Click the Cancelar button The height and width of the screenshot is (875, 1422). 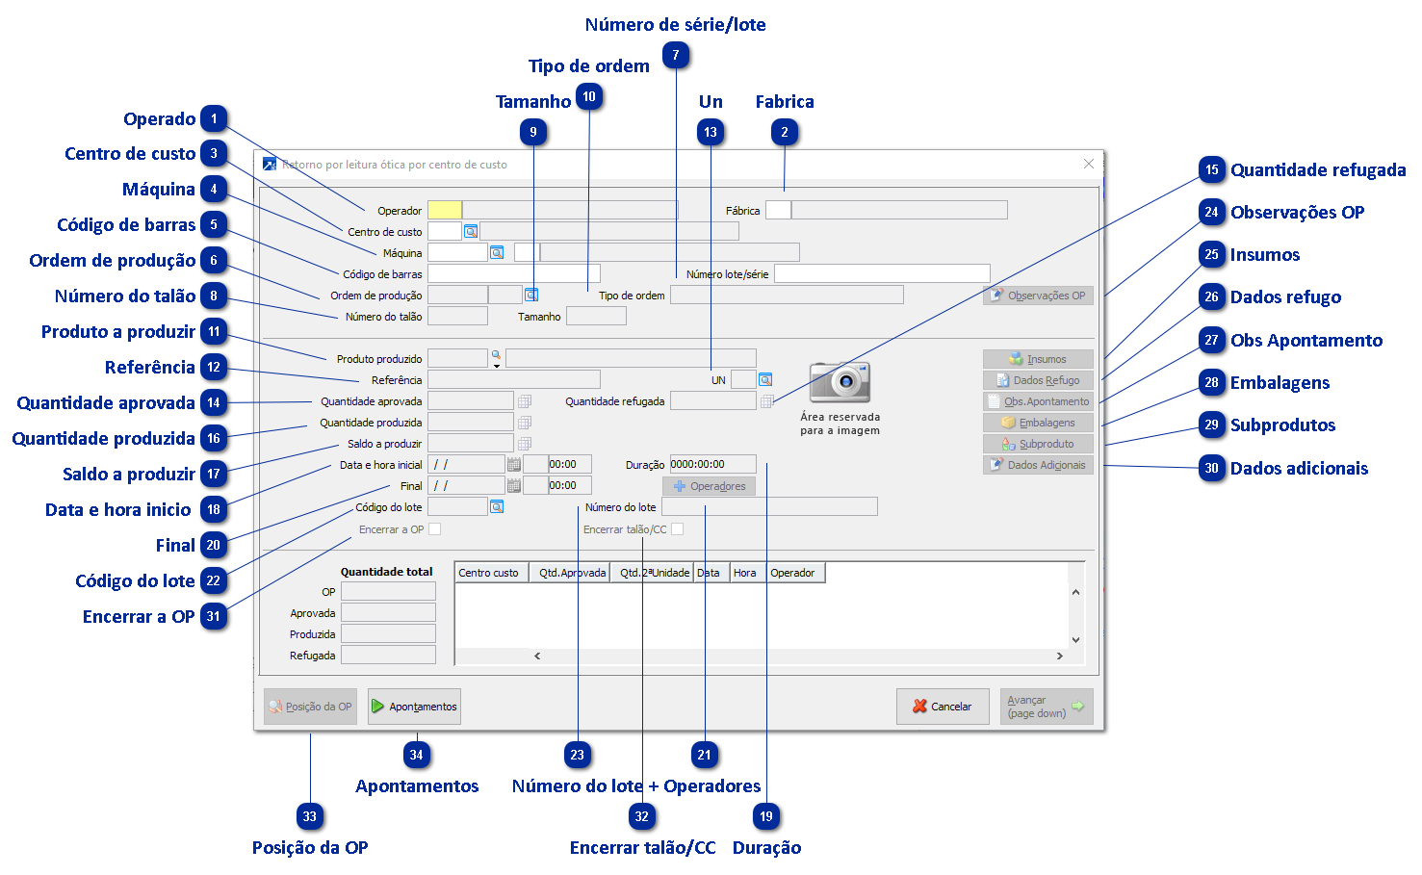coord(942,707)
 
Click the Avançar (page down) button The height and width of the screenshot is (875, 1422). coord(1046,707)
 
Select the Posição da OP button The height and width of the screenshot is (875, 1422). coord(310,707)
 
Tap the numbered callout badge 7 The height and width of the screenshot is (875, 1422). coord(676,56)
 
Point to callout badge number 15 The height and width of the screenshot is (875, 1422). coord(1211,170)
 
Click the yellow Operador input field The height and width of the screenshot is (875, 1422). coord(445,210)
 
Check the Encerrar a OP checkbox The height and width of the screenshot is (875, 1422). coord(435,529)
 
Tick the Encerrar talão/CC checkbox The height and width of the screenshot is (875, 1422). coord(678,529)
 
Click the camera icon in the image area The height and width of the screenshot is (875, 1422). coord(840,382)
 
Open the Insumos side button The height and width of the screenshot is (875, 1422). coord(1038,359)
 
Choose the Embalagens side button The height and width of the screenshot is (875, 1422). coord(1038,423)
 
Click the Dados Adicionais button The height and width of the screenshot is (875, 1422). coord(1038,465)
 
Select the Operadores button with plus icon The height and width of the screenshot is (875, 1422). coord(709,486)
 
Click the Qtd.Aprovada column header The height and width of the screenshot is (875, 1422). coord(572,573)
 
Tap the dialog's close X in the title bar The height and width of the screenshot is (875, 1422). coord(1089,165)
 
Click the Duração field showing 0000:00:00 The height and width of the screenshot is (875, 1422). coord(712,464)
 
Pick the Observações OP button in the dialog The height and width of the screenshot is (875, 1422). coord(1038,296)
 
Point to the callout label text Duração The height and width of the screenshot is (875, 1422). coord(766,848)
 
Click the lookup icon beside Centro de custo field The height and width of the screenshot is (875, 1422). coord(471,231)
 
